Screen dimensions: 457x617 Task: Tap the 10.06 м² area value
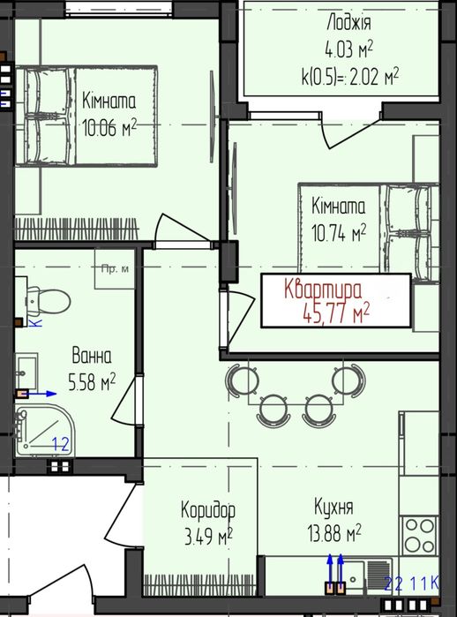tap(109, 127)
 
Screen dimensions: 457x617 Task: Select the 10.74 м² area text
tap(339, 232)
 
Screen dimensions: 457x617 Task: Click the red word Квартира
tap(323, 290)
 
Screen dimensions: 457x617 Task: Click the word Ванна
tap(92, 356)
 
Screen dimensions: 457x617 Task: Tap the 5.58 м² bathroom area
tap(92, 381)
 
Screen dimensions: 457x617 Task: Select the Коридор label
tap(208, 510)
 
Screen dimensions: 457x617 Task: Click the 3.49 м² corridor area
tap(208, 536)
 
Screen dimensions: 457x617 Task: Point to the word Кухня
tap(333, 507)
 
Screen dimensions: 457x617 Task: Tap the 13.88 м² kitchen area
tap(334, 533)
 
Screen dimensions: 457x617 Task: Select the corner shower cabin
tap(45, 431)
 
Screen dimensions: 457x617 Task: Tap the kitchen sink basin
tap(353, 576)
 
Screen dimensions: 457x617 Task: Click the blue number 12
tap(61, 444)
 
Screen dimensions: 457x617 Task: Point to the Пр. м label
tap(115, 269)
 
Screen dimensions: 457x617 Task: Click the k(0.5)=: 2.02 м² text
tap(350, 77)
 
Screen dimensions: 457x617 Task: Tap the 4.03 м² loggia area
tap(348, 50)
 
